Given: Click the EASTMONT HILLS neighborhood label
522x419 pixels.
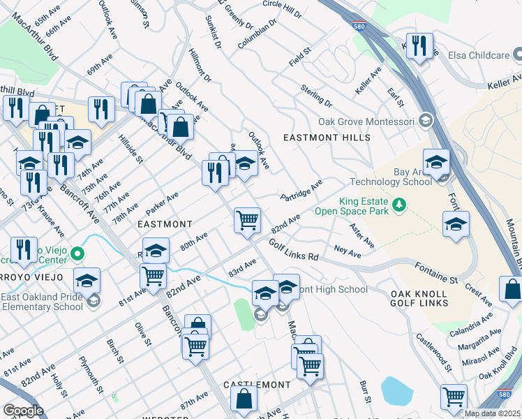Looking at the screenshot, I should click(327, 138).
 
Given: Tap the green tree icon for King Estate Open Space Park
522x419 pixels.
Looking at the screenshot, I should click(398, 205).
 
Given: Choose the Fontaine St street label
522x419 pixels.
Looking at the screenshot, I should click(435, 273).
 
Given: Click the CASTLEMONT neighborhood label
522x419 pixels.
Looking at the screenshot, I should click(256, 385).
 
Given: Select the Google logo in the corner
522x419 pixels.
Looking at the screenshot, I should click(23, 411).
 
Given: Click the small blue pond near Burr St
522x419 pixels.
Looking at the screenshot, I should click(397, 390).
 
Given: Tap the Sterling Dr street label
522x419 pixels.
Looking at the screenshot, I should click(316, 95).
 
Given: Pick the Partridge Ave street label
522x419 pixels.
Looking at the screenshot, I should click(301, 190).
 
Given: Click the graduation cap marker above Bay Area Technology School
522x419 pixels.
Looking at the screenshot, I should click(436, 163).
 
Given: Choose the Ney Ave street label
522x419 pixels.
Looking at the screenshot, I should click(348, 251).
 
